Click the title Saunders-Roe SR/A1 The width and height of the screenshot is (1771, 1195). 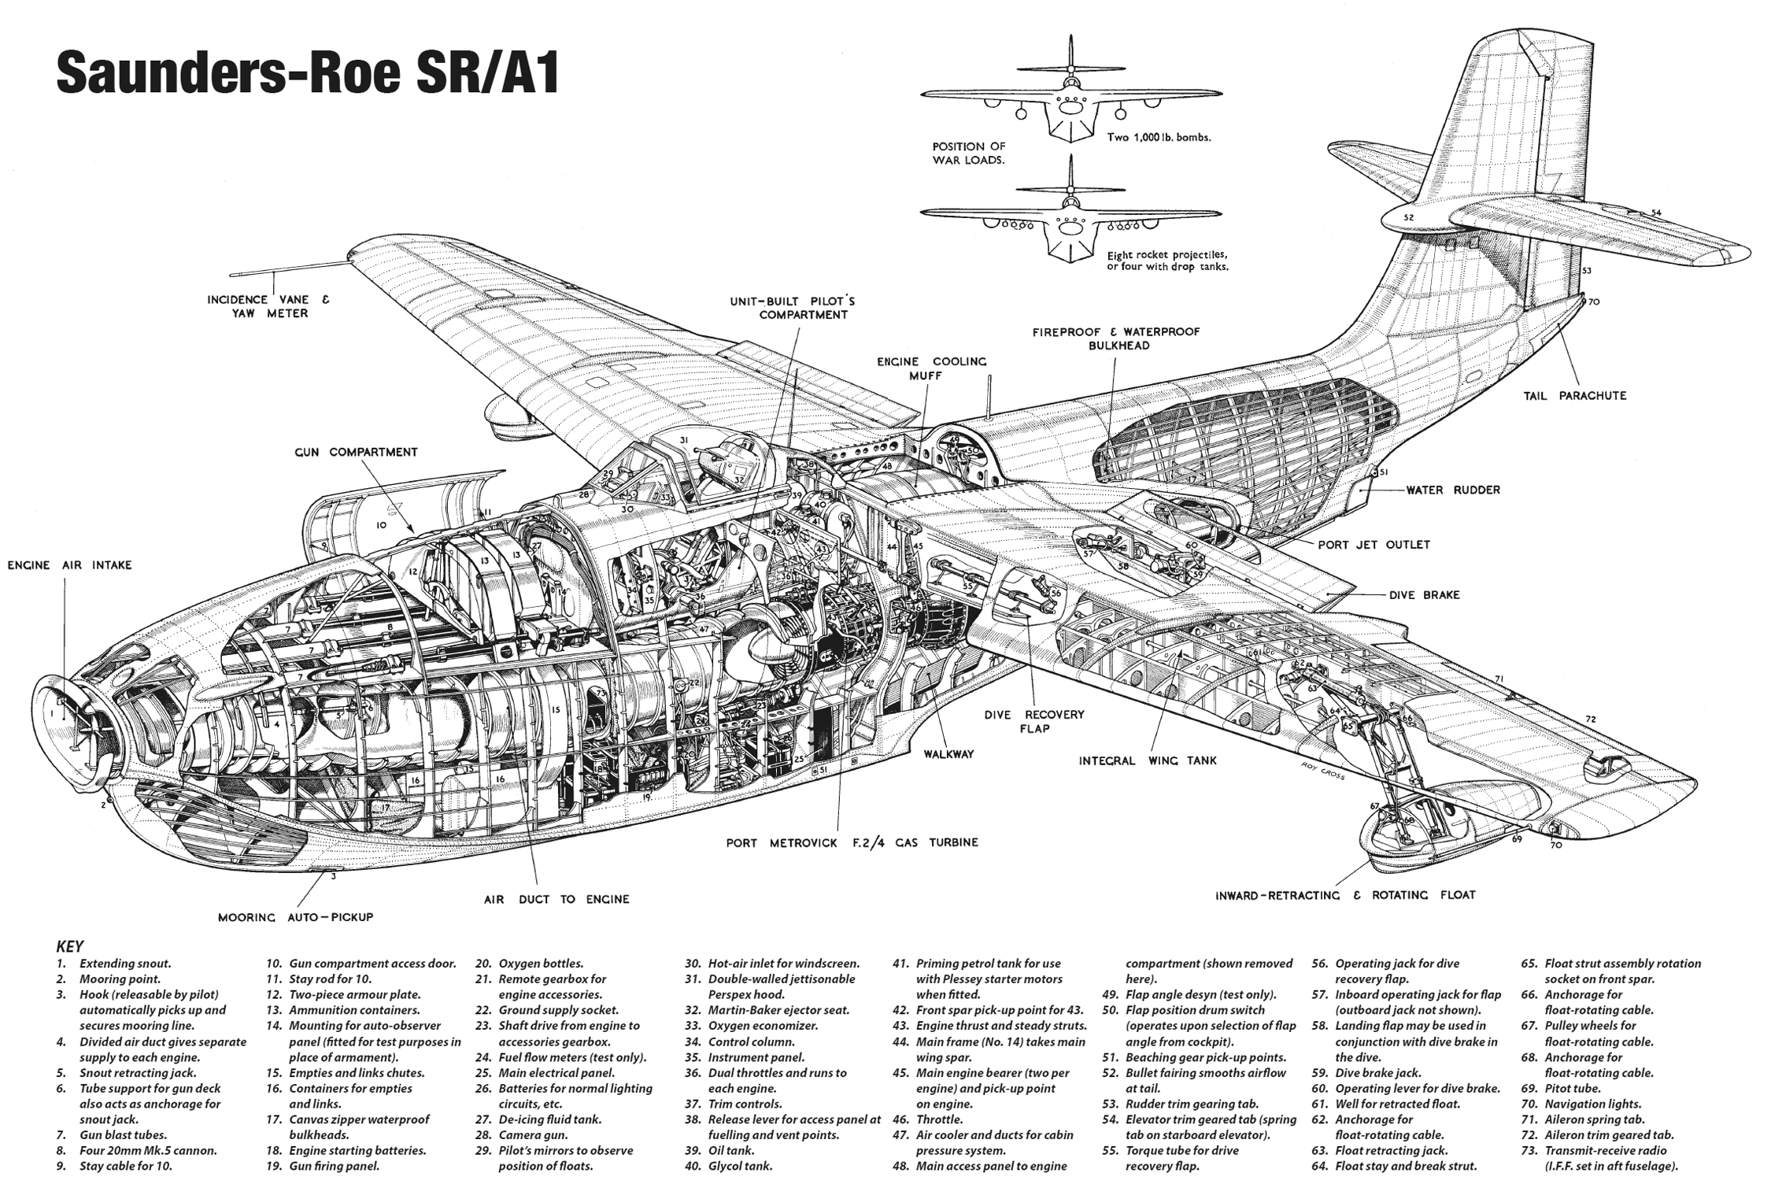(x=308, y=75)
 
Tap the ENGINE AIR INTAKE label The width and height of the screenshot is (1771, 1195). (x=70, y=565)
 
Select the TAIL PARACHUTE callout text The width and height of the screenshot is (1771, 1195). (x=1575, y=396)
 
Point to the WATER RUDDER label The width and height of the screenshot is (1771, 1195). (x=1453, y=490)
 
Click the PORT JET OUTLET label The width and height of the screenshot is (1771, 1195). (x=1374, y=544)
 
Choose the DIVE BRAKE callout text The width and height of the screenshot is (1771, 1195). (x=1425, y=595)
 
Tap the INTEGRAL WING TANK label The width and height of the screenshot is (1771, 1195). (x=1148, y=760)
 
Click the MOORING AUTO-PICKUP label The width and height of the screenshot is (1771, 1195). (x=295, y=917)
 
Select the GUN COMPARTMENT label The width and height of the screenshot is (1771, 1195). (x=357, y=453)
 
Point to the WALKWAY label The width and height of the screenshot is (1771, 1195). (x=948, y=754)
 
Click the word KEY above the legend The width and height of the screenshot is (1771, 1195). (x=70, y=947)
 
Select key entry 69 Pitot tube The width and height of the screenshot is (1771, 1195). (x=1561, y=1089)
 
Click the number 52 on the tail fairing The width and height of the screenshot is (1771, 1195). (x=1408, y=217)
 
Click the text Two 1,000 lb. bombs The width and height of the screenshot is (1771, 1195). (x=1159, y=137)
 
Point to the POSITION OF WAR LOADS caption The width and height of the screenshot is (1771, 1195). (x=969, y=153)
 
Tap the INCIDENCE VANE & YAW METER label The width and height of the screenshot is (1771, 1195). (x=268, y=306)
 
